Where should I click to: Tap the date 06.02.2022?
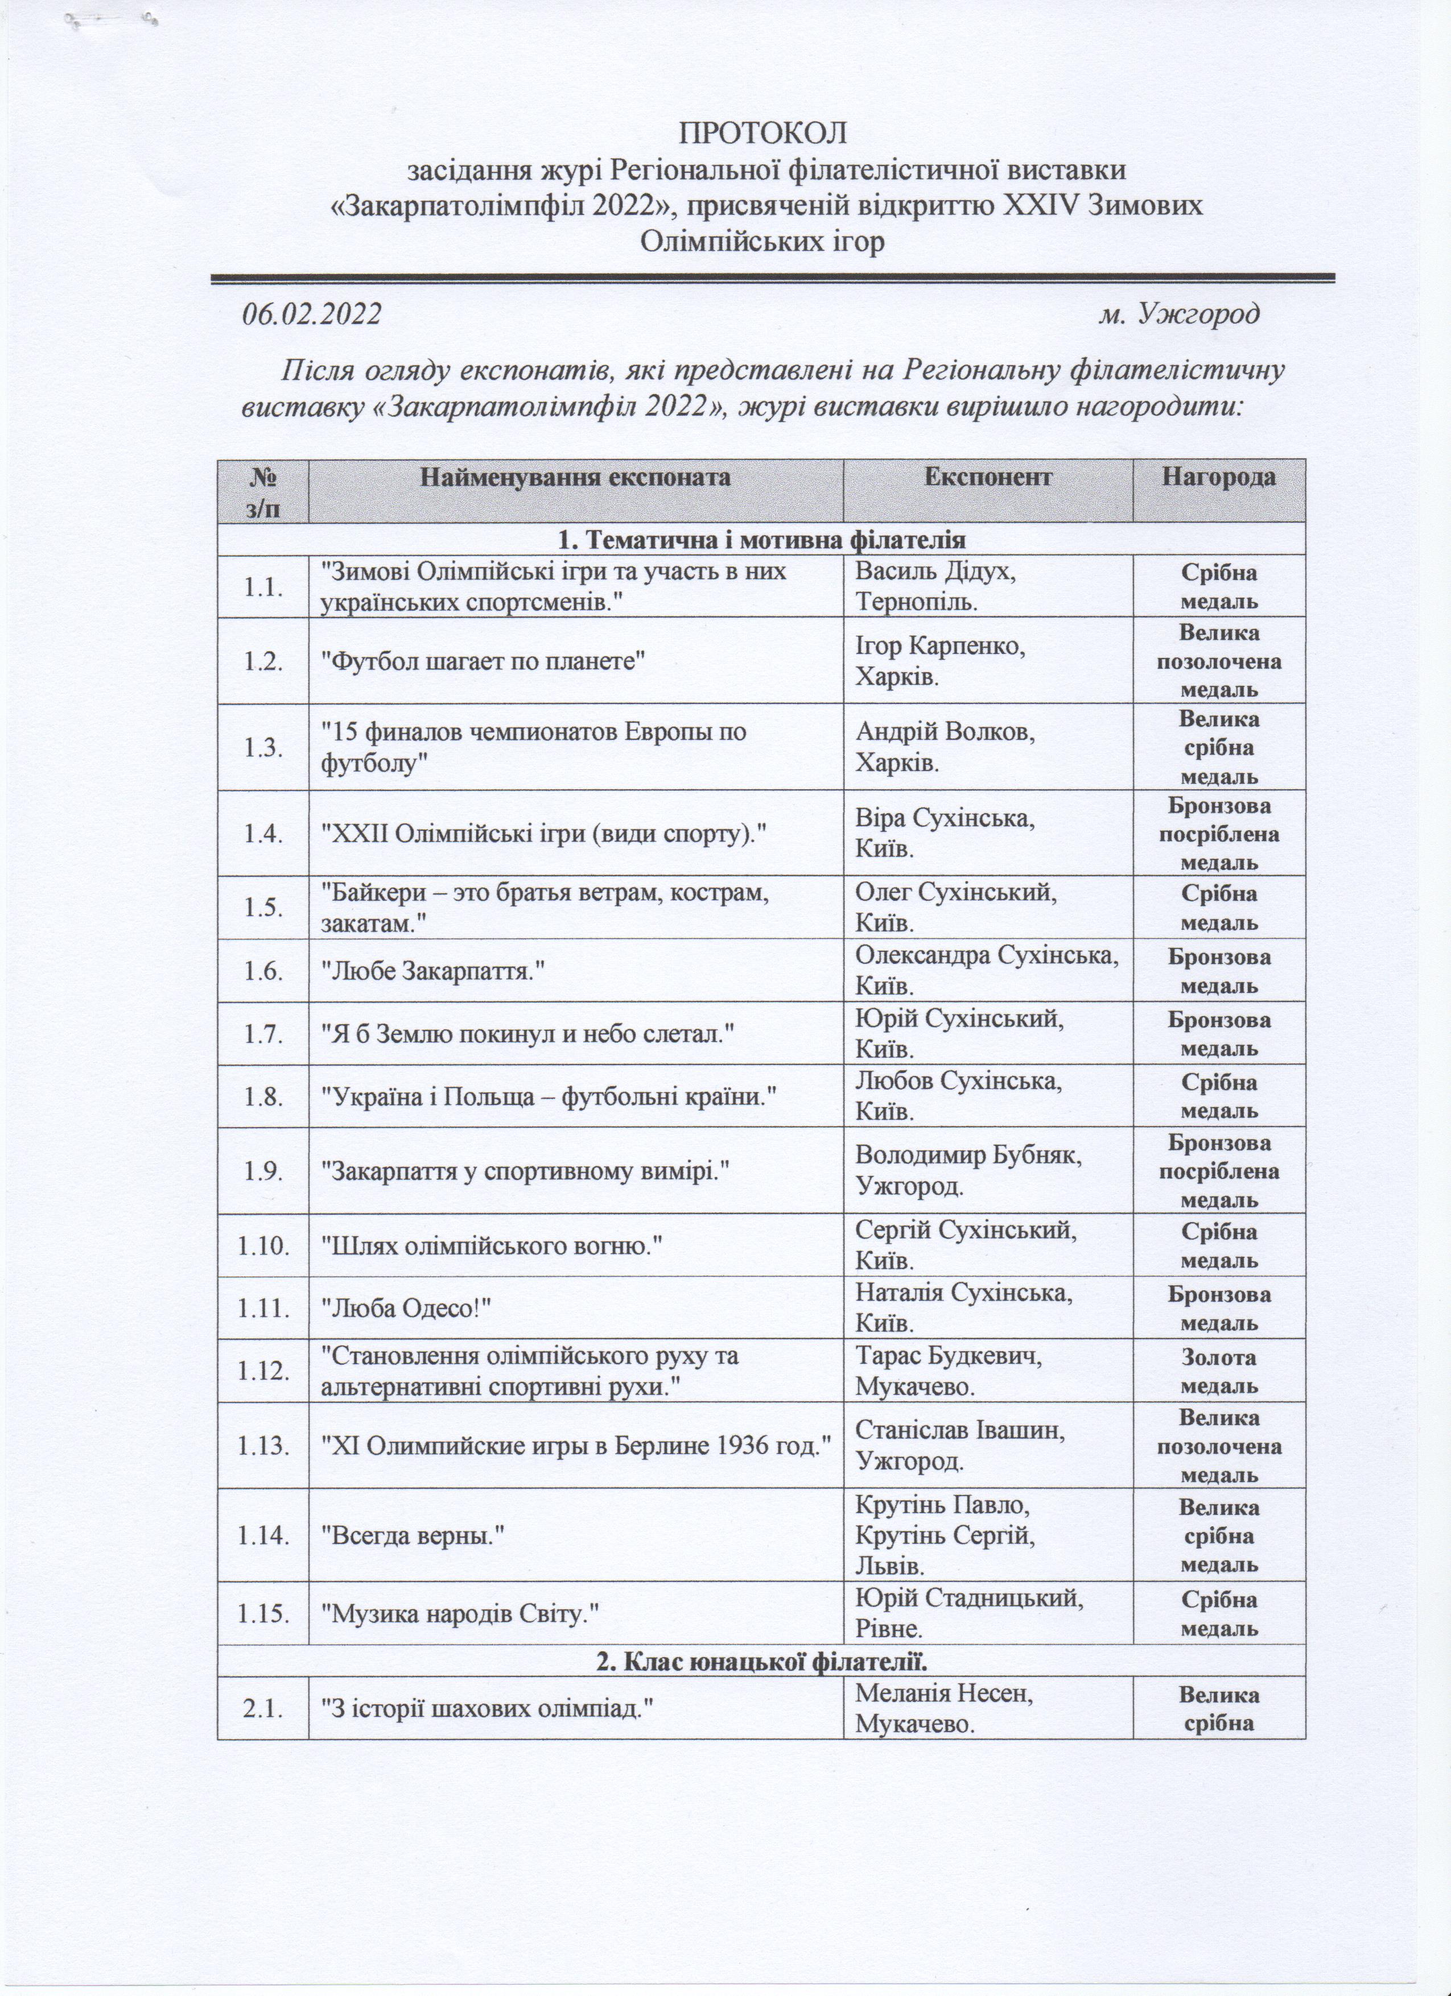[312, 314]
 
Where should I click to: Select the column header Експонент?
[988, 477]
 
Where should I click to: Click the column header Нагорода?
[1219, 477]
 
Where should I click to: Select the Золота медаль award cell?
[1219, 1371]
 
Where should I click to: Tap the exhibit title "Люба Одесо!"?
[410, 1308]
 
